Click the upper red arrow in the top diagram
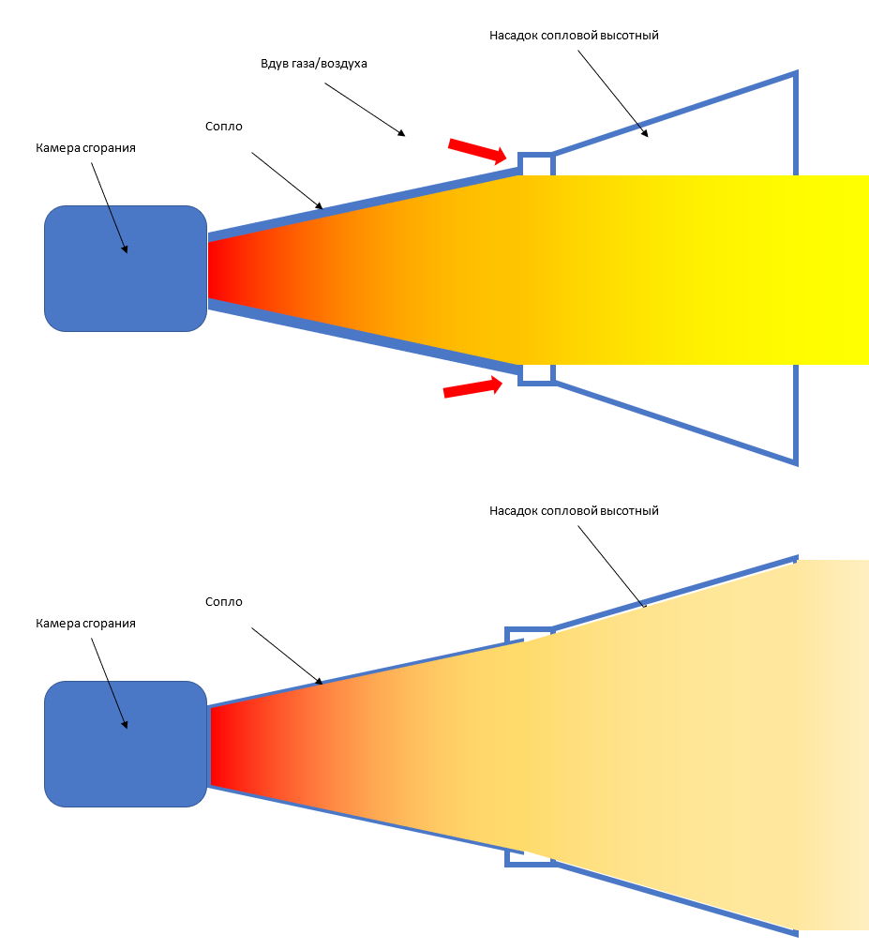tap(478, 149)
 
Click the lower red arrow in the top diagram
tap(472, 387)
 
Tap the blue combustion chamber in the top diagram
tap(125, 268)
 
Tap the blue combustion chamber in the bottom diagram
tap(125, 744)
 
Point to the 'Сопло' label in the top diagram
tap(223, 126)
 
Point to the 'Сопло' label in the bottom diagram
tap(223, 601)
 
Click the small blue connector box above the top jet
tap(536, 163)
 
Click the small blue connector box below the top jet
tap(536, 374)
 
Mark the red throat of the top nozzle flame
tap(220, 269)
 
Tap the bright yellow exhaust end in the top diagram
tap(834, 269)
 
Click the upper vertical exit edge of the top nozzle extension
tap(795, 122)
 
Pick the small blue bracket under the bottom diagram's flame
tap(513, 858)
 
